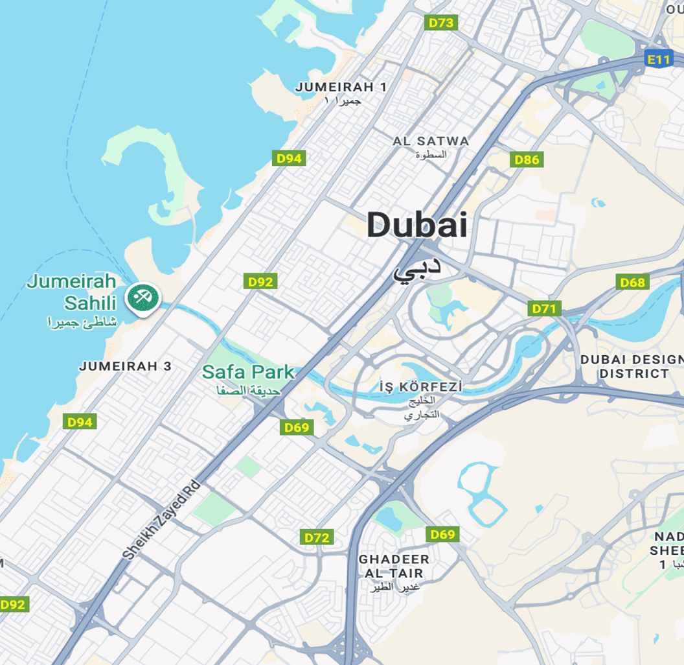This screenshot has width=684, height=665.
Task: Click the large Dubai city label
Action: tap(416, 226)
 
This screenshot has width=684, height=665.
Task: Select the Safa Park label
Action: tap(248, 373)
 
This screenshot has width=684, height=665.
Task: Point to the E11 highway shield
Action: tap(659, 60)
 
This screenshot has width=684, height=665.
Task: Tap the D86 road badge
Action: tap(526, 159)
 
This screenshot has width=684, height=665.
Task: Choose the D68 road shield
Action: tap(633, 282)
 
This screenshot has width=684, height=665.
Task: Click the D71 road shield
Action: tap(544, 309)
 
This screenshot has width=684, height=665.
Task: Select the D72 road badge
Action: tap(317, 537)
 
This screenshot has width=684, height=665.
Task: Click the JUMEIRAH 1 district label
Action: tap(341, 87)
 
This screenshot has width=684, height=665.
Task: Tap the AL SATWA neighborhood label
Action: tap(431, 141)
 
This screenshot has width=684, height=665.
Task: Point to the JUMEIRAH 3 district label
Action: tap(126, 366)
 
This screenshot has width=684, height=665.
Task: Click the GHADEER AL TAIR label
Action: tap(394, 566)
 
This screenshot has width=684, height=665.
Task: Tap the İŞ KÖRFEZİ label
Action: tap(421, 388)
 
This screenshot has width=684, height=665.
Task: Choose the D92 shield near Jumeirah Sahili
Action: tap(261, 281)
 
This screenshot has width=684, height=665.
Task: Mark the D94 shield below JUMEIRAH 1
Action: tap(288, 158)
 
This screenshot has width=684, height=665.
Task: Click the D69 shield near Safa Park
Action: tap(297, 427)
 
